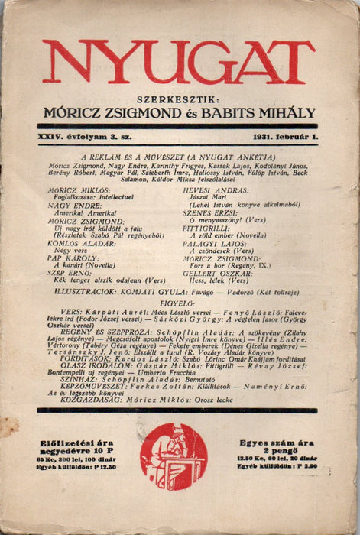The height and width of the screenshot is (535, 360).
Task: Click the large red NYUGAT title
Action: click(179, 61)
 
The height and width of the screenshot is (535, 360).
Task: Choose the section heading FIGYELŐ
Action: click(179, 301)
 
